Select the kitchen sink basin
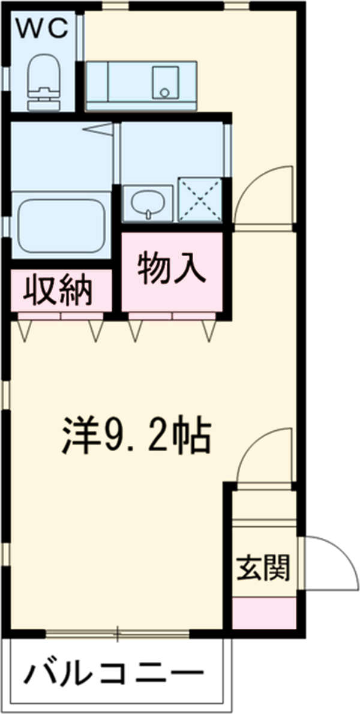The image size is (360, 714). point(165,82)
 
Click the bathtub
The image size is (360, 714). point(61,225)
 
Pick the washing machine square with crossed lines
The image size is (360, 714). point(200,199)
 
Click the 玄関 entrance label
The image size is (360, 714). point(263,567)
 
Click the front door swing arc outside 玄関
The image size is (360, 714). point(330,561)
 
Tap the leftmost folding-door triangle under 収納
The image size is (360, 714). point(25,330)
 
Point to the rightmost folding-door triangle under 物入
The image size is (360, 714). point(209,330)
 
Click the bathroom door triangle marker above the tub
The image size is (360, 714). point(98,128)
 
